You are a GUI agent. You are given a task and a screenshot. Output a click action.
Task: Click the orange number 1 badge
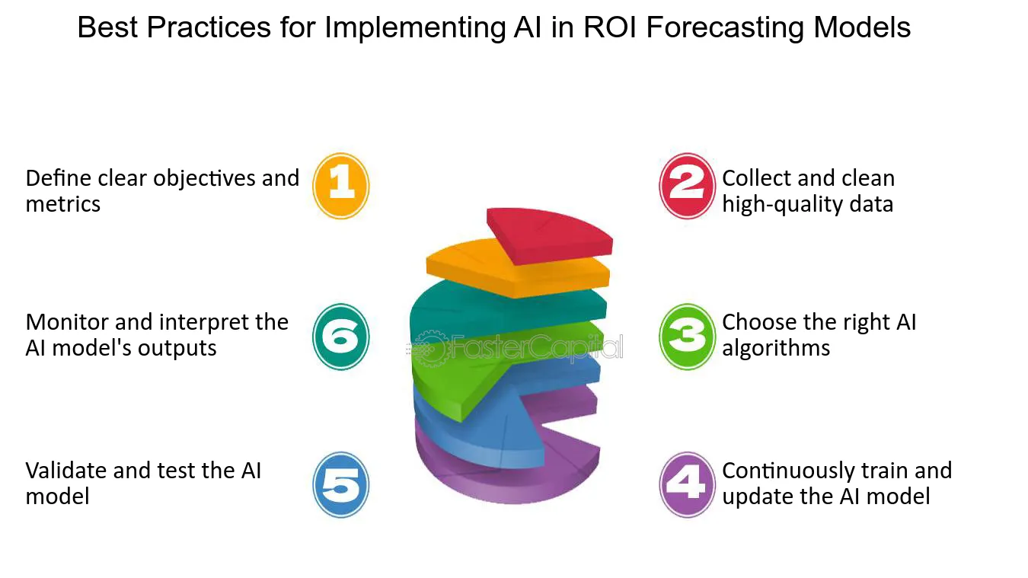tap(341, 186)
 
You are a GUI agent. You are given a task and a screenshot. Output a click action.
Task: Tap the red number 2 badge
tap(687, 186)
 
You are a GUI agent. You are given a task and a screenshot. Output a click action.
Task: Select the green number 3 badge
tap(687, 337)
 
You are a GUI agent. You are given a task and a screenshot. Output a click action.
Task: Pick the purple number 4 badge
tap(687, 485)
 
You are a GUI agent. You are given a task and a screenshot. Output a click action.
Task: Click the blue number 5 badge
tap(341, 485)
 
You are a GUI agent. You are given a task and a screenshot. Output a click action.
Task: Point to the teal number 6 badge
tap(341, 337)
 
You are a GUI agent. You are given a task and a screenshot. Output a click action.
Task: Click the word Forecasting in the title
tap(725, 28)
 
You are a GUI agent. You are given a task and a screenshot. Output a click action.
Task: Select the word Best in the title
tap(107, 27)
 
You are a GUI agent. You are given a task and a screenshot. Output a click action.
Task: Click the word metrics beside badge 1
tap(63, 204)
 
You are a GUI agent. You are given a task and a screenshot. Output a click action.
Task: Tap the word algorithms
tap(776, 349)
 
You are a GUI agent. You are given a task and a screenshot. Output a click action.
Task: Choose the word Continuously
tap(788, 471)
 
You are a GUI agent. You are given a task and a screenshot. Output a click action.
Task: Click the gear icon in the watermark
tap(430, 349)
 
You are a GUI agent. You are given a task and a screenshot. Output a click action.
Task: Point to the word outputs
tap(177, 349)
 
